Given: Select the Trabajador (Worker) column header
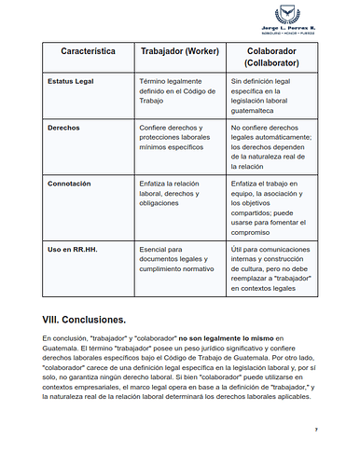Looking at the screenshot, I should click(x=178, y=54).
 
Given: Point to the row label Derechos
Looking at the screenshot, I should click(x=63, y=126).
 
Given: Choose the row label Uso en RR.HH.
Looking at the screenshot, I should click(x=71, y=251).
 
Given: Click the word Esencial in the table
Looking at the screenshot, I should click(x=153, y=250).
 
